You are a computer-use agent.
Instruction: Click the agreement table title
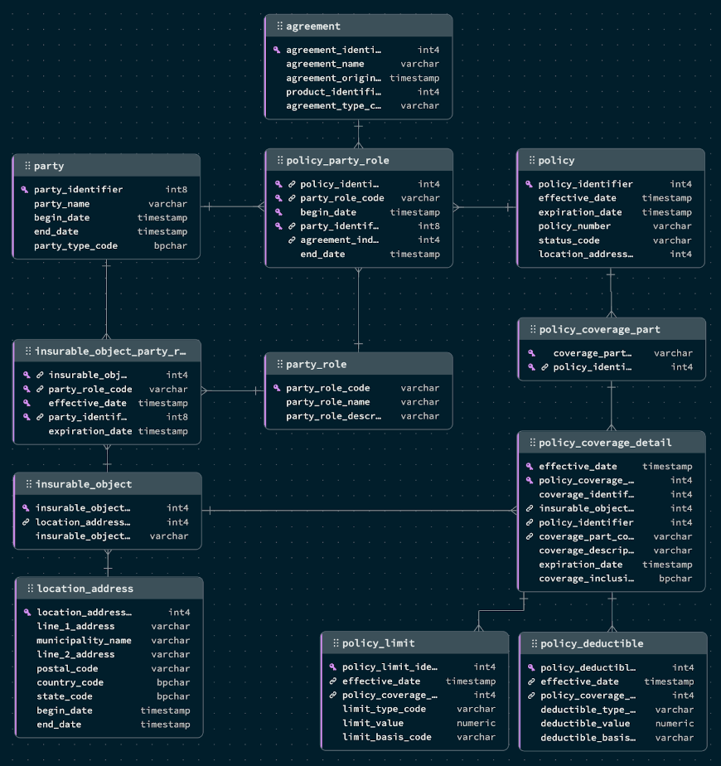313,26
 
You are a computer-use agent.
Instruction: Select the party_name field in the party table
61,204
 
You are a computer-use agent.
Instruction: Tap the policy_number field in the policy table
574,226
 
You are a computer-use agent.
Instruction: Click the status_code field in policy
569,240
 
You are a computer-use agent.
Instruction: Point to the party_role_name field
328,402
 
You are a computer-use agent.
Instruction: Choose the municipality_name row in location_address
84,641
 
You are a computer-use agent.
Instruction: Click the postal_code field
67,668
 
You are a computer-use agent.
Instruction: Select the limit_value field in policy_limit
373,723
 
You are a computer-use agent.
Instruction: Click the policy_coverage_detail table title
605,443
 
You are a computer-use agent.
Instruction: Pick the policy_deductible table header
592,643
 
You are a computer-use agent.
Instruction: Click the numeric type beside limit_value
477,723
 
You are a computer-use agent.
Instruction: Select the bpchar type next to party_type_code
171,245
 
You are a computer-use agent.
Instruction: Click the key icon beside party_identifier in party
25,190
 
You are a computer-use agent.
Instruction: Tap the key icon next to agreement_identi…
277,50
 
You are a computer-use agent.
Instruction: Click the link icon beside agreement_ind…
292,240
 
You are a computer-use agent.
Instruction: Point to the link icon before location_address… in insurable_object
26,522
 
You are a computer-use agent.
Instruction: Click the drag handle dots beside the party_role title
280,364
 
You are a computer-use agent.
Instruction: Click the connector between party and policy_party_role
233,206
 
